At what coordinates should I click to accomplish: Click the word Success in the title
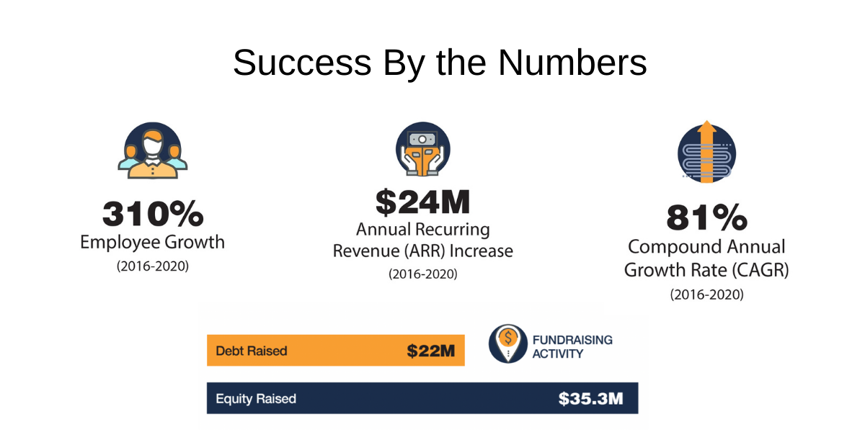click(x=302, y=63)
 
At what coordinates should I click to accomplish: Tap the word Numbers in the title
click(x=572, y=63)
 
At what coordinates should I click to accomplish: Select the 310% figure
click(x=153, y=214)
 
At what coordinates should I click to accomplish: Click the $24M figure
click(x=423, y=202)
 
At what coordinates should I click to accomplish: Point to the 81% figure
click(x=706, y=217)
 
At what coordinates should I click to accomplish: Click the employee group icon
click(x=153, y=150)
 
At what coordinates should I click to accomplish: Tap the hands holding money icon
click(x=423, y=149)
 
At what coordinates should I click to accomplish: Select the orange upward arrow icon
click(x=706, y=152)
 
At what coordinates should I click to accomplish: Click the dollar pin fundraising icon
click(x=507, y=343)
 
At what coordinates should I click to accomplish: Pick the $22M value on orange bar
click(x=430, y=351)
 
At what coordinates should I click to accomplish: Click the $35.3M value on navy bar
click(x=591, y=398)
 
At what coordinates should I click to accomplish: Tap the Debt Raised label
click(x=252, y=351)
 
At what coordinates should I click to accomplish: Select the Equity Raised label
click(x=256, y=398)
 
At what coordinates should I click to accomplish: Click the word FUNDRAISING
click(x=572, y=340)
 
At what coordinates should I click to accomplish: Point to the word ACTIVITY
click(x=558, y=354)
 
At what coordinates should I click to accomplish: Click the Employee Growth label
click(x=153, y=242)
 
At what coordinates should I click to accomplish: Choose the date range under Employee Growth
click(x=153, y=266)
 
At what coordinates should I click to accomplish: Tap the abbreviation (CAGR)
click(x=760, y=270)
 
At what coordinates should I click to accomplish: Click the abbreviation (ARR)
click(x=424, y=251)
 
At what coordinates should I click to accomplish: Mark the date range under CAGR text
click(x=706, y=294)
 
